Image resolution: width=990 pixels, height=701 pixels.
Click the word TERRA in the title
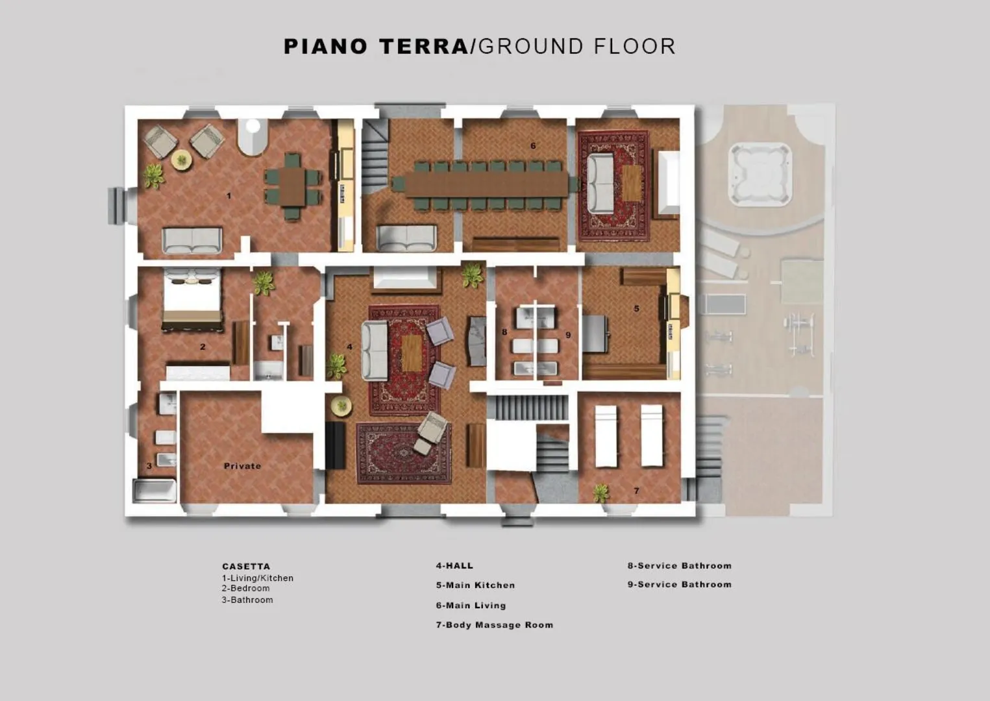pyautogui.click(x=424, y=47)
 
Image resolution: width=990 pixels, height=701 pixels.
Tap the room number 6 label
pyautogui.click(x=533, y=145)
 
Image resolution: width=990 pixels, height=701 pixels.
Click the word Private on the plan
pyautogui.click(x=242, y=466)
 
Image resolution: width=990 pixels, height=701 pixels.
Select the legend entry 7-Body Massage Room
pyautogui.click(x=495, y=625)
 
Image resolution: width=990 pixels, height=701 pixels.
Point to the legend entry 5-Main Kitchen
pyautogui.click(x=476, y=585)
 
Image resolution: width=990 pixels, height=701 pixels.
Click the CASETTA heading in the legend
pyautogui.click(x=246, y=566)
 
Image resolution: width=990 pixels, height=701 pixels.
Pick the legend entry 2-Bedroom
pyautogui.click(x=246, y=588)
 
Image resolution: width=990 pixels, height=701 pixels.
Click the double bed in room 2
pyautogui.click(x=192, y=299)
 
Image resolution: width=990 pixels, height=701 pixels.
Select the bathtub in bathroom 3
pyautogui.click(x=155, y=491)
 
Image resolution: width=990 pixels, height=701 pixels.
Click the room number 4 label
pyautogui.click(x=350, y=347)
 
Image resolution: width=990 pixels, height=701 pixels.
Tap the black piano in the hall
pyautogui.click(x=336, y=445)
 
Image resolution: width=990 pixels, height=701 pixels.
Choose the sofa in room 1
pyautogui.click(x=192, y=240)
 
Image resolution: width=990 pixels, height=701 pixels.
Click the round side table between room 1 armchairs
pyautogui.click(x=182, y=160)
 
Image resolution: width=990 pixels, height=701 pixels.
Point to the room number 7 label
pyautogui.click(x=636, y=491)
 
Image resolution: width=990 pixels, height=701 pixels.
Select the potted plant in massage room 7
pyautogui.click(x=600, y=493)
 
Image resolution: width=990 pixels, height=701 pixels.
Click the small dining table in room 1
pyautogui.click(x=293, y=186)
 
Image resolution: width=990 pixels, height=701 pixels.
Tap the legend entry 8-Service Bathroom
pyautogui.click(x=680, y=566)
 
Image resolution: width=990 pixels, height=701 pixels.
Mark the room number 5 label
pyautogui.click(x=636, y=308)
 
